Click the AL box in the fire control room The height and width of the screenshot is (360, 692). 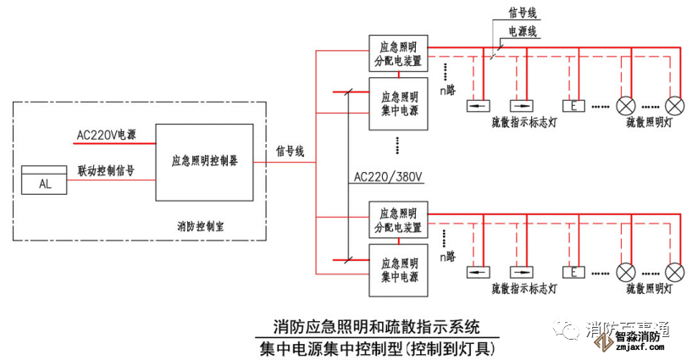44,182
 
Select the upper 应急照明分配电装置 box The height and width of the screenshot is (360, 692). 397,54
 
